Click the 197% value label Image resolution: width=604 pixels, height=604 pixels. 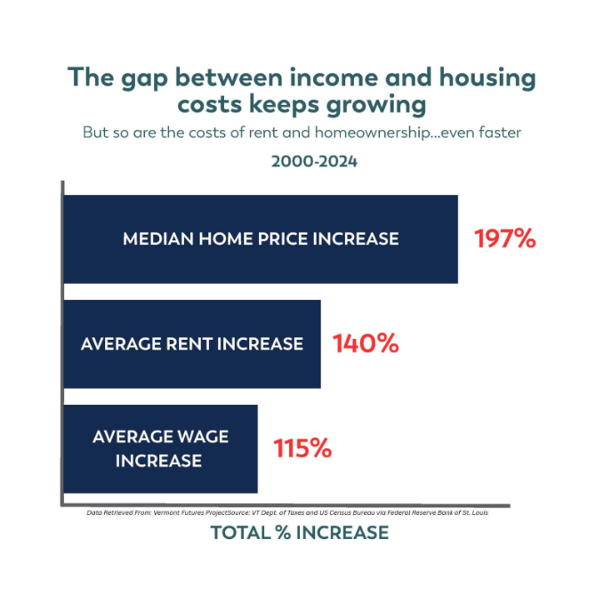tap(504, 238)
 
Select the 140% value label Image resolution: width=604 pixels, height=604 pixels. tap(366, 343)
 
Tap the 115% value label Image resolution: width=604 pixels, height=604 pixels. tap(302, 448)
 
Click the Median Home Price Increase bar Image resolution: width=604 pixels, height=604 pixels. tap(261, 239)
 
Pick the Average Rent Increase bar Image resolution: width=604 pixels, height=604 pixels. tap(192, 343)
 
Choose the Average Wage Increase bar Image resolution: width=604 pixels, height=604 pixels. tap(160, 448)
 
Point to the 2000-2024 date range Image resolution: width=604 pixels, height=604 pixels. tap(302, 163)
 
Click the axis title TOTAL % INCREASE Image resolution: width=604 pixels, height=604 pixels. tap(300, 533)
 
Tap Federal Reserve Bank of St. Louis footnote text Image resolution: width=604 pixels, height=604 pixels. tap(436, 513)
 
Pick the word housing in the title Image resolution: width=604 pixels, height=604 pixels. tap(480, 77)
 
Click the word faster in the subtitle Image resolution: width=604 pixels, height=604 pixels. tap(496, 133)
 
